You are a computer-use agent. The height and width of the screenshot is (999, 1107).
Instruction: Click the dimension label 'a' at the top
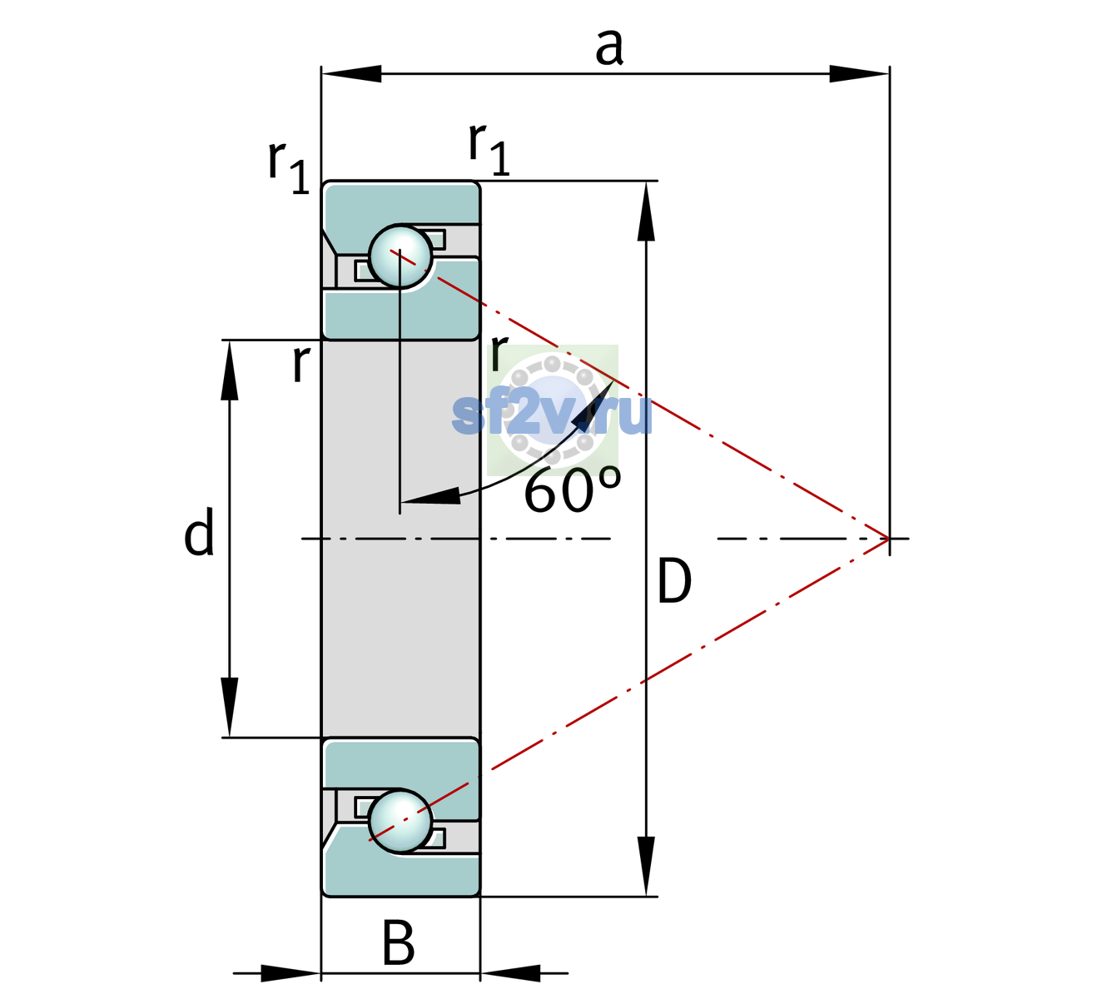coord(609,47)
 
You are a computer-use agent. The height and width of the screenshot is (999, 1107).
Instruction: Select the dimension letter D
coord(674,580)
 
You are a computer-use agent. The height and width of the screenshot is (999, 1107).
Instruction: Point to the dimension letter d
coord(199,531)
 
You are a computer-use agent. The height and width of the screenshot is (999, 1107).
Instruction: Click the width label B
coord(398,942)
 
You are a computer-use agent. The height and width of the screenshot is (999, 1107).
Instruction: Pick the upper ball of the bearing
coord(400,256)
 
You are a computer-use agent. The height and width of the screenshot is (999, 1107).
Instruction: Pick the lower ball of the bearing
coord(400,822)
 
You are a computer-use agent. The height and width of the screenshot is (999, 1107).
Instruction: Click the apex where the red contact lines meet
coord(888,538)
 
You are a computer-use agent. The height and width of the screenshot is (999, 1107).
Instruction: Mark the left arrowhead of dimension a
coord(351,73)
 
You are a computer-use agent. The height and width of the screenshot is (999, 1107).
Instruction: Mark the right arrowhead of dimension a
coord(859,73)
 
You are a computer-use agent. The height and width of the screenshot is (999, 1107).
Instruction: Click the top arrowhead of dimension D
coord(646,211)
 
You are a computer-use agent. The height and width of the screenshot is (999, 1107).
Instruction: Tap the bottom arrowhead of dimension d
coord(230,707)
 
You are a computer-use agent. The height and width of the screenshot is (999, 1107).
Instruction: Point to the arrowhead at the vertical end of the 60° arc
coord(430,496)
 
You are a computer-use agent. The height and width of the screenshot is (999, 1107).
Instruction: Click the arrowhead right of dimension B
coord(510,973)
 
